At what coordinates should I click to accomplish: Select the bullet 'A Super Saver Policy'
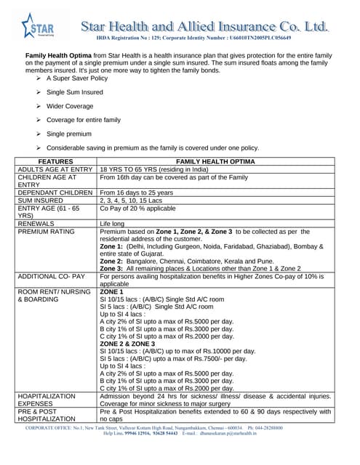pos(78,77)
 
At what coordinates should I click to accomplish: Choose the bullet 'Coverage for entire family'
pos(83,120)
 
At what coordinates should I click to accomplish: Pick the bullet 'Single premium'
pos(71,134)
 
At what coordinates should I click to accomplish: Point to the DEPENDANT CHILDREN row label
pos(55,193)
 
